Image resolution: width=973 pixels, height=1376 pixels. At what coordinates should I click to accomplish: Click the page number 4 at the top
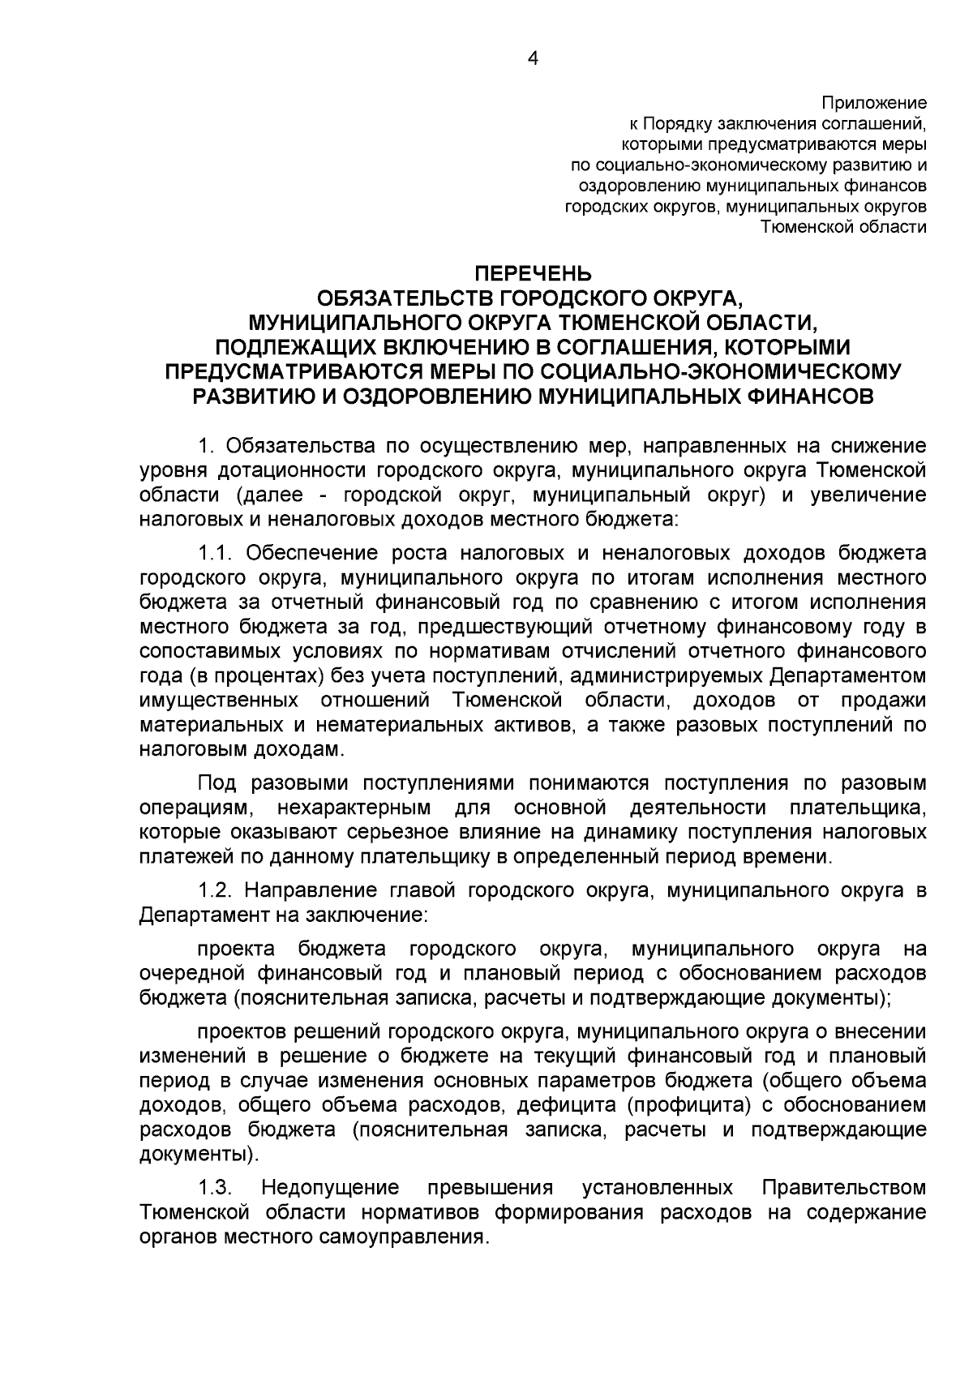533,58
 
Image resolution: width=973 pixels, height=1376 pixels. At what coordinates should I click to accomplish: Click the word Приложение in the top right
874,103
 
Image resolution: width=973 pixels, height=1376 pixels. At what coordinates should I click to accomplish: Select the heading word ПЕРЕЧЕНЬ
533,273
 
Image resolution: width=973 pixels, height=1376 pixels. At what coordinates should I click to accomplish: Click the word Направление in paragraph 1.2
302,889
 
